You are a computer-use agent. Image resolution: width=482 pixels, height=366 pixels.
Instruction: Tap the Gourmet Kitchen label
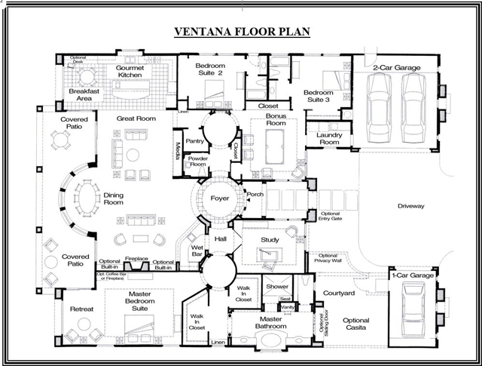135,72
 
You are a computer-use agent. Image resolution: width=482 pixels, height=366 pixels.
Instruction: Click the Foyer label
219,199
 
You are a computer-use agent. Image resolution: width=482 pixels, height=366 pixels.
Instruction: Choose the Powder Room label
198,163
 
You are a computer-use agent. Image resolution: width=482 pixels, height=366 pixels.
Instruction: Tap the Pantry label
195,140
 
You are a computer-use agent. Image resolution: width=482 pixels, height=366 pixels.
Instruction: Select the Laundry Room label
330,139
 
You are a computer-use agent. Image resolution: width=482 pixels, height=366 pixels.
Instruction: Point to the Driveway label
410,205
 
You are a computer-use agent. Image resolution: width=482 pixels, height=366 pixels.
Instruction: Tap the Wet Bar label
197,251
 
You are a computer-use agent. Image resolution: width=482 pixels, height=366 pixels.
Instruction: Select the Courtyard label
338,292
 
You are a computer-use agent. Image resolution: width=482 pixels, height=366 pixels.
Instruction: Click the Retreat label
81,309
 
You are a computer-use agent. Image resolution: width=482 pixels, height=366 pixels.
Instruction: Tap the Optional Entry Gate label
331,217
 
